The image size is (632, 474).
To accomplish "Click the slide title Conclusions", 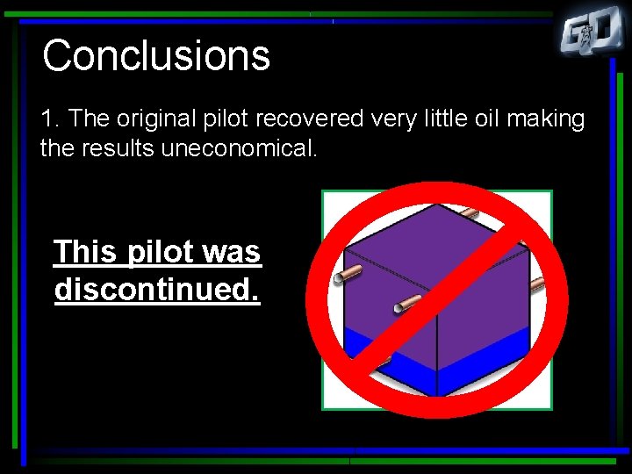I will click(x=156, y=55).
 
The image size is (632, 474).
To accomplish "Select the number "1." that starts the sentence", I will click(x=51, y=118).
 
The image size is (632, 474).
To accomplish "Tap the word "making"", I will click(x=553, y=118).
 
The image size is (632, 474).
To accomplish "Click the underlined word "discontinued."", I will click(x=157, y=289).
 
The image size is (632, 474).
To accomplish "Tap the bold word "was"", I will click(x=232, y=252).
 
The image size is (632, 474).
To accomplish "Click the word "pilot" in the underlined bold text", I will click(x=163, y=253).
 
